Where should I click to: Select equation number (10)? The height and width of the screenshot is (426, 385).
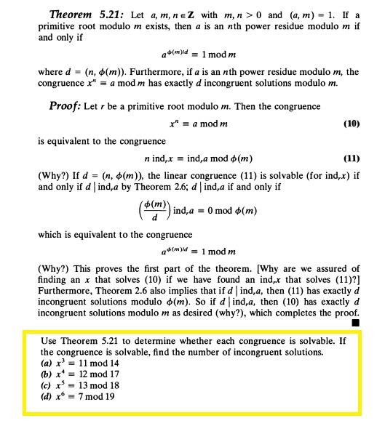pos(351,124)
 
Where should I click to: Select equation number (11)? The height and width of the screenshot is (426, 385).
pos(351,158)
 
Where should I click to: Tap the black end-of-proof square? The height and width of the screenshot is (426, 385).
pos(355,321)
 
